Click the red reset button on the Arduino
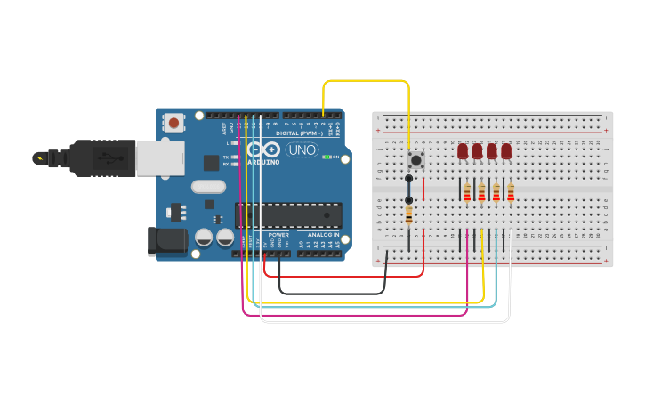(x=174, y=122)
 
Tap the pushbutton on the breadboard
(x=415, y=160)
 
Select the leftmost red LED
(x=463, y=151)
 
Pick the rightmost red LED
(x=506, y=151)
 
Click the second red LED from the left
(x=477, y=151)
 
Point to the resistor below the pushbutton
(x=408, y=214)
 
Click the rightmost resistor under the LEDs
(x=511, y=192)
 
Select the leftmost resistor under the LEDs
(x=467, y=192)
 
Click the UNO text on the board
(x=301, y=150)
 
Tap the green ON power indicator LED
(x=327, y=157)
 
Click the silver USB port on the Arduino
(x=160, y=157)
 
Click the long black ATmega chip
(x=288, y=214)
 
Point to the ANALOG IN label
(x=324, y=235)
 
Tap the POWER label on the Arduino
(x=278, y=235)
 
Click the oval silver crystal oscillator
(x=208, y=187)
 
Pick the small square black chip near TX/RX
(x=211, y=162)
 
